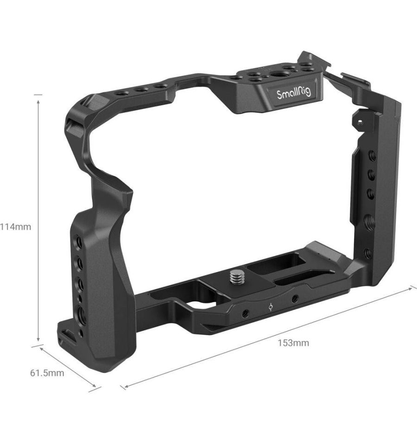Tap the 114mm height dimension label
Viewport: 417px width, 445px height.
[x=15, y=227]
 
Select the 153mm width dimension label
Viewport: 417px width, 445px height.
[x=293, y=343]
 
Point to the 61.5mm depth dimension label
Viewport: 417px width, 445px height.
[x=47, y=373]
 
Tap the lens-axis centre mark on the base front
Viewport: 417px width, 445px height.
[x=271, y=307]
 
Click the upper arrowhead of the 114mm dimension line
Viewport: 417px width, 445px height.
[x=38, y=102]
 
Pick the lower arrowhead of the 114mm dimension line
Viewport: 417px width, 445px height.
[x=38, y=339]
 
